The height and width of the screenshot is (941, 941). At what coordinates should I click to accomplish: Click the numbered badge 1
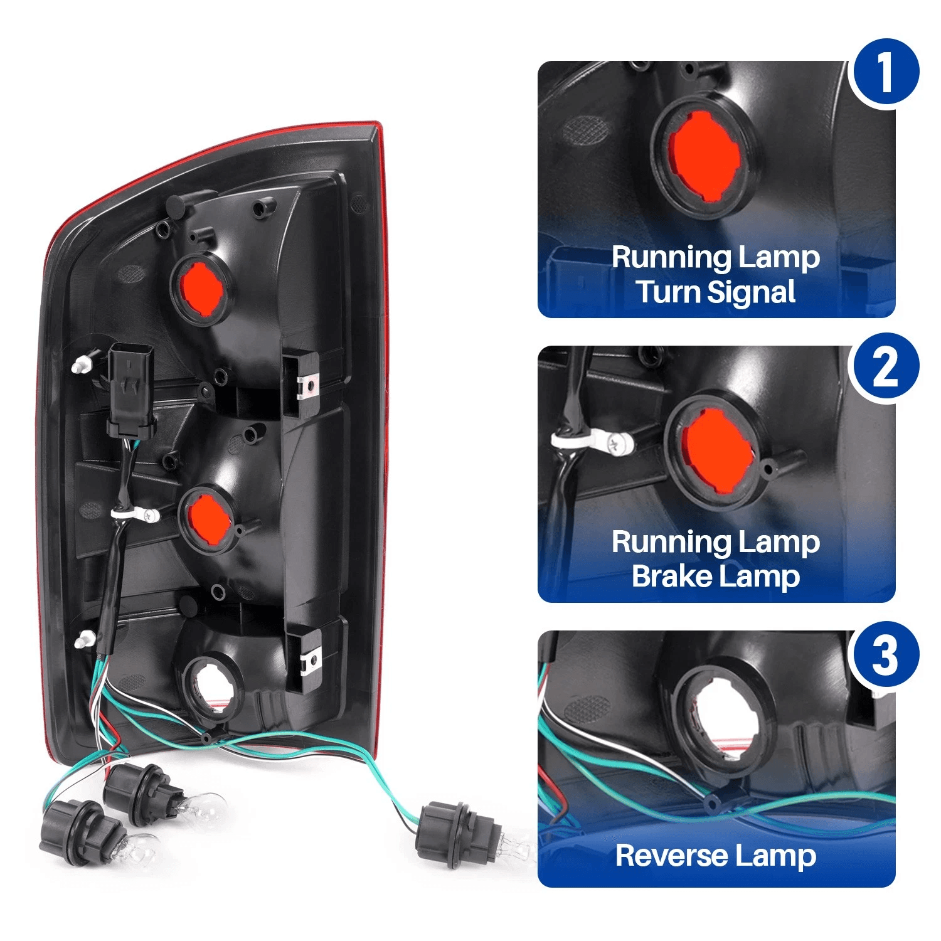pos(884,73)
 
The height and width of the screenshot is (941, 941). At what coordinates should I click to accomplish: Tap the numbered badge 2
pos(884,368)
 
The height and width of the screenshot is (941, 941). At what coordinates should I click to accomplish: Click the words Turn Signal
pos(716,292)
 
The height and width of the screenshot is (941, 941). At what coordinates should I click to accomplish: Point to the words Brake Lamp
pos(716,577)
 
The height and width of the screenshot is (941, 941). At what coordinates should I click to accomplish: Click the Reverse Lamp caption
pos(716,856)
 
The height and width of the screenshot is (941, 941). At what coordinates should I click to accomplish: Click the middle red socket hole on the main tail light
pos(209,519)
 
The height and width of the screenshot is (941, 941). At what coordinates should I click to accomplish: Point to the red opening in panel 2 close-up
pos(716,449)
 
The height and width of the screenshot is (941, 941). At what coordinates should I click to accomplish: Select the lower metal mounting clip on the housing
pos(311,661)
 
